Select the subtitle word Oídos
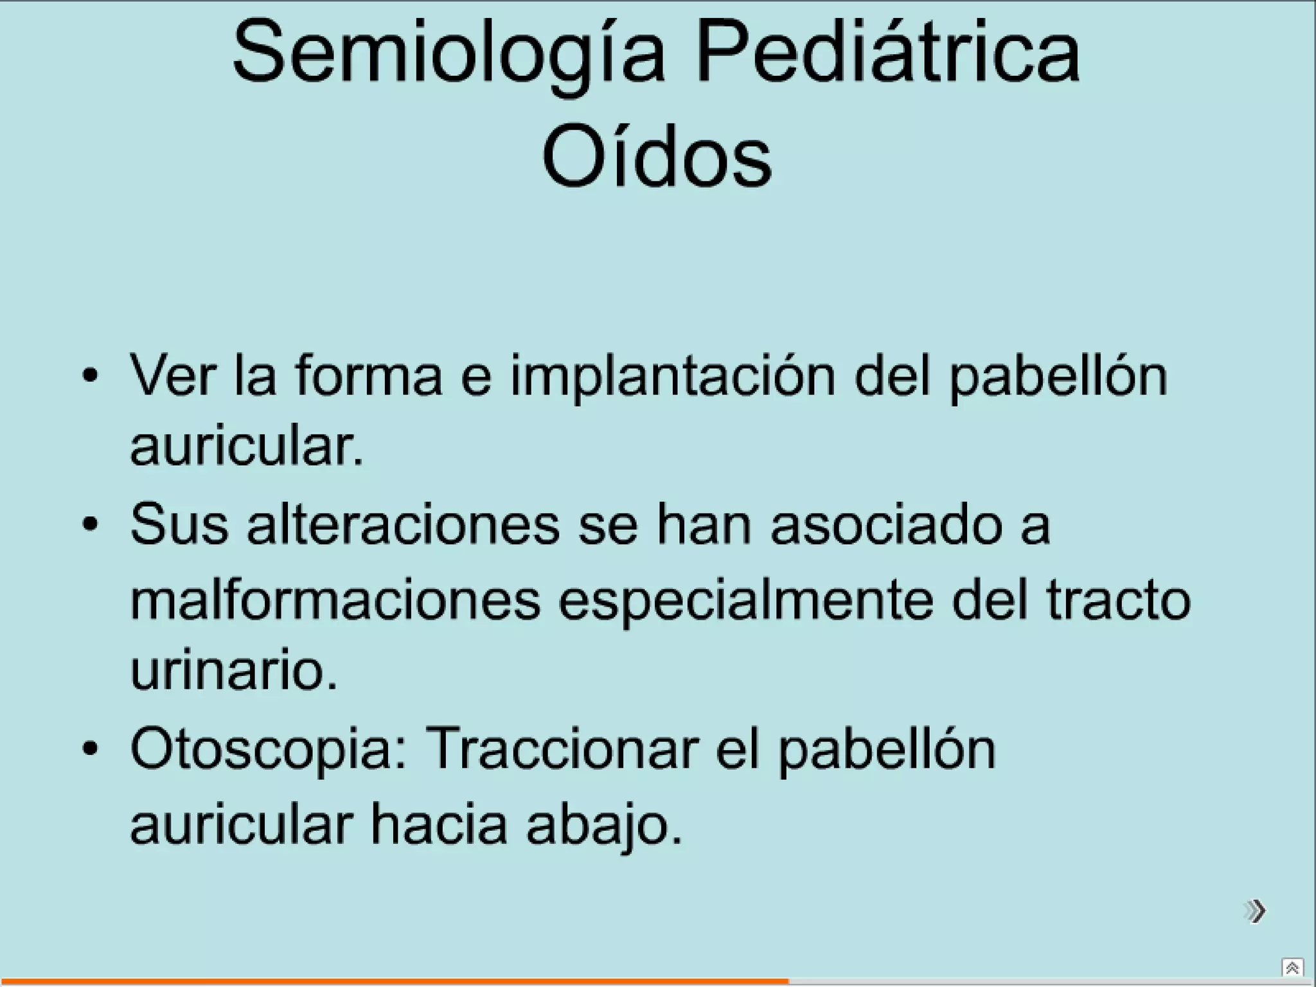pyautogui.click(x=656, y=158)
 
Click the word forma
pyautogui.click(x=369, y=375)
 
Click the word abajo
pyautogui.click(x=603, y=826)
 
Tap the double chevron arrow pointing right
pyautogui.click(x=1254, y=911)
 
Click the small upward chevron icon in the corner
pyautogui.click(x=1292, y=968)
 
